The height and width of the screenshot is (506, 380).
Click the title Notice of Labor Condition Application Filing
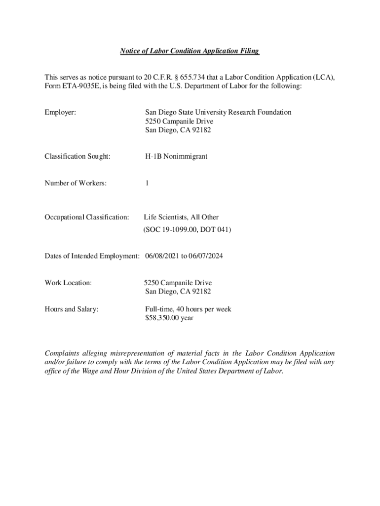click(x=190, y=51)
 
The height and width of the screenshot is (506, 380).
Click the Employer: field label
click(x=60, y=113)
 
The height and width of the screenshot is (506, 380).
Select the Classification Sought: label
click(x=77, y=157)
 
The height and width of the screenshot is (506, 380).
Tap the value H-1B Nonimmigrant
click(x=176, y=157)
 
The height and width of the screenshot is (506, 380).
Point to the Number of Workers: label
click(x=76, y=183)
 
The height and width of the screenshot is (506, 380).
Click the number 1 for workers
click(x=147, y=183)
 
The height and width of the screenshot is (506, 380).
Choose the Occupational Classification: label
click(x=87, y=217)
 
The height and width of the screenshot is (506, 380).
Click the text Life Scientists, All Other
click(x=181, y=217)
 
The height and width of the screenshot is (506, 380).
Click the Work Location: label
click(x=68, y=283)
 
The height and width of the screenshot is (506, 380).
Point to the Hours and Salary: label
click(x=72, y=309)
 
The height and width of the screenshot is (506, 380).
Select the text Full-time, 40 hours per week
click(x=188, y=309)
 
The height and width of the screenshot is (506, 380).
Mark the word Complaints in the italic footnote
click(x=63, y=354)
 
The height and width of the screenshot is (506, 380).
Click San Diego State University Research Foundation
click(x=218, y=113)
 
